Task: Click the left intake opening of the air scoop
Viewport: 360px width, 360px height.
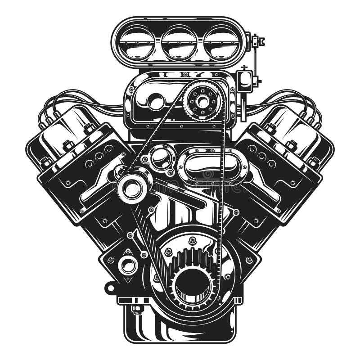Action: [137, 43]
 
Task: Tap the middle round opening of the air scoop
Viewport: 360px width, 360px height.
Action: [179, 43]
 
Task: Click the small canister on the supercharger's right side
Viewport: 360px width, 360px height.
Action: [245, 81]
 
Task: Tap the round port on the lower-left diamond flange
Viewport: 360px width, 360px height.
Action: [128, 265]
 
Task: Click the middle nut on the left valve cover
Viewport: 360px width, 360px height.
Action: [68, 145]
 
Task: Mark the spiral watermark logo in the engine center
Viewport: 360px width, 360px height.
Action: [207, 174]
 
